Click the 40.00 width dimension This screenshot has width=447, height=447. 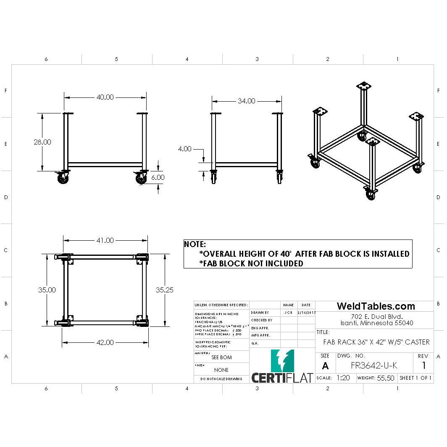105,97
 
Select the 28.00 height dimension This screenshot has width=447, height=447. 42,142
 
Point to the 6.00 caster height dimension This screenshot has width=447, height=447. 158,177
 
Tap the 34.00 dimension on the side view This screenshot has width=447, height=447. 246,101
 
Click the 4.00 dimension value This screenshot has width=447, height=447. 185,149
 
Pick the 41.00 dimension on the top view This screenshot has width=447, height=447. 105,240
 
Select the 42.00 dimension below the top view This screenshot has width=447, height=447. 105,342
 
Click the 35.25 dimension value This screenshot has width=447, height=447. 165,289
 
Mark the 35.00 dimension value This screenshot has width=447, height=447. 47,289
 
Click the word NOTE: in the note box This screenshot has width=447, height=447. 195,244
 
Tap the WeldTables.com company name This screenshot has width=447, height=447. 376,306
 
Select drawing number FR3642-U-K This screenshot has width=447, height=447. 373,365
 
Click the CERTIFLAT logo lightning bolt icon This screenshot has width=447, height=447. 283,360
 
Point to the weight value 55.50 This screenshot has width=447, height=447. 385,378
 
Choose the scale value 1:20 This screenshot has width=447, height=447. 343,378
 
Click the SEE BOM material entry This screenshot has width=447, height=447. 221,358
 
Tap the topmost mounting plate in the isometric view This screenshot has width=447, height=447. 364,87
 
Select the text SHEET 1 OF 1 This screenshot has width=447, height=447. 415,378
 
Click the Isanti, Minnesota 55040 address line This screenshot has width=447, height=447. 376,323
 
